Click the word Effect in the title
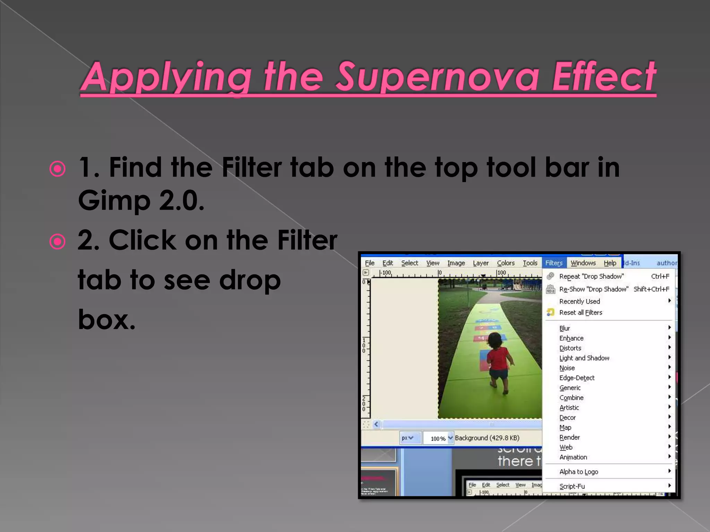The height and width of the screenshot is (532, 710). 604,77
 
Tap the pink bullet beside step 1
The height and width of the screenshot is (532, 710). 58,169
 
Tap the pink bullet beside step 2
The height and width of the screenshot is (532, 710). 58,242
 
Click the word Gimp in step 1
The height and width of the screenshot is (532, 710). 114,201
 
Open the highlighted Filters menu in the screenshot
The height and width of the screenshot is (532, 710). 554,263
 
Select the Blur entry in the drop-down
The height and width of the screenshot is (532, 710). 564,328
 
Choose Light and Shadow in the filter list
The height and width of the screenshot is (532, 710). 584,358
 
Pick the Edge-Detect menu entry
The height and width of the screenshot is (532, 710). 577,378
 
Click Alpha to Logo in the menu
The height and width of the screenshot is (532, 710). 579,472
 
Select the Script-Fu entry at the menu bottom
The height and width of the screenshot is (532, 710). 572,486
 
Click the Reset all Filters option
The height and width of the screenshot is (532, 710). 581,312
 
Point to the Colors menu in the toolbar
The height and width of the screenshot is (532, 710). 506,263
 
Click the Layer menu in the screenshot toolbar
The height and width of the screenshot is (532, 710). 481,263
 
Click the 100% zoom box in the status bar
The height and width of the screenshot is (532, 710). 438,438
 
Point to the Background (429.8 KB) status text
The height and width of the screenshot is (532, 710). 487,438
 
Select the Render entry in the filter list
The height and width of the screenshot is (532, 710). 570,437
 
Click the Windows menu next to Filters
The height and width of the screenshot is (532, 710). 583,263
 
